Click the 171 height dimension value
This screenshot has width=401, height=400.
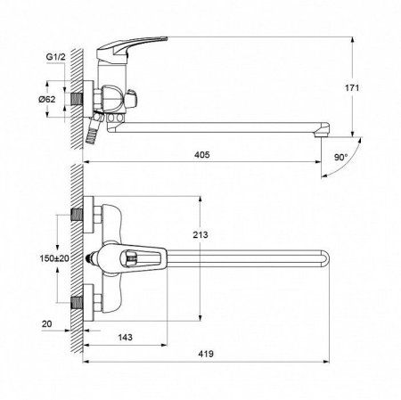coord(352,88)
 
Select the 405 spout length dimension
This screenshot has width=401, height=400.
coord(202,155)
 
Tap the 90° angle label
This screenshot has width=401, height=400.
coord(340,158)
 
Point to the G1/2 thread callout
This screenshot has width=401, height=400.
coord(55,57)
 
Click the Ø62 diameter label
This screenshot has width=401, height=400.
coord(46,99)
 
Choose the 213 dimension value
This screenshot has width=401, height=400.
coord(200,235)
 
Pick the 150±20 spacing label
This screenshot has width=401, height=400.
coord(54,258)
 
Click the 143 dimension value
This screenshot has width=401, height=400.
coord(125,338)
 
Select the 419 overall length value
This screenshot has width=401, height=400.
coord(206,354)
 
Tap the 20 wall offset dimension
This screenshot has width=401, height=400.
coord(46,324)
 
